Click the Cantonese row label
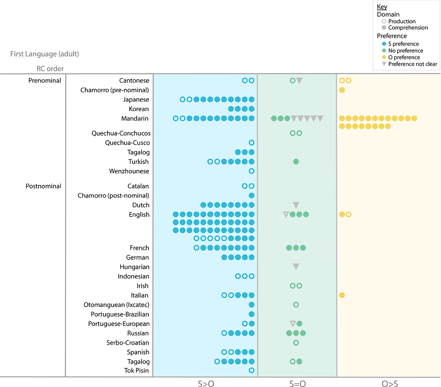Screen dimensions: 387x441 pos(134,80)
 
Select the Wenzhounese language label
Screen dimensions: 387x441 pos(129,171)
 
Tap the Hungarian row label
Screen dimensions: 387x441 pos(135,267)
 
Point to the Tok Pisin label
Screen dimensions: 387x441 pos(136,370)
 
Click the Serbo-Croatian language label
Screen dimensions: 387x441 pos(128,343)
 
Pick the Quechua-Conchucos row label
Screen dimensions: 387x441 pos(121,133)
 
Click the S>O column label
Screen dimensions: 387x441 pos(206,384)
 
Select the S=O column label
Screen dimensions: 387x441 pos(297,384)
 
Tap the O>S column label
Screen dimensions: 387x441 pos(390,384)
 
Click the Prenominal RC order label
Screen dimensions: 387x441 pos(45,80)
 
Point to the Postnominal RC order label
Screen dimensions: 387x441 pos(43,186)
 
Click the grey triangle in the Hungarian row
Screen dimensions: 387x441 pos(296,267)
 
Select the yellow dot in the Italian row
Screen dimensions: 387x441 pos(342,295)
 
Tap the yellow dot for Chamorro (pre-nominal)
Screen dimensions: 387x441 pos(342,90)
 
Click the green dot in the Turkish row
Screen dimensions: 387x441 pos(296,161)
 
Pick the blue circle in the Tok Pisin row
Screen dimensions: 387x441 pos(251,370)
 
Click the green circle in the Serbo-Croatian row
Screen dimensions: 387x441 pos(296,343)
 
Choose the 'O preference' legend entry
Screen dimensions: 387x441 pos(404,57)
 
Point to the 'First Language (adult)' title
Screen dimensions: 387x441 pos(44,54)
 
